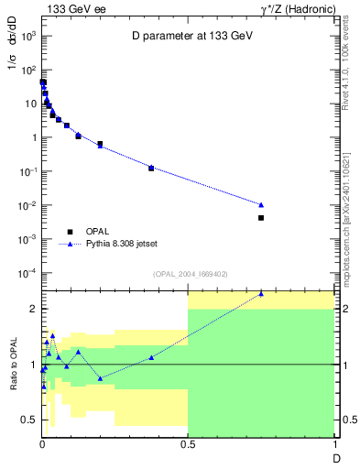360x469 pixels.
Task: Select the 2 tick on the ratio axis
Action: pos(33,309)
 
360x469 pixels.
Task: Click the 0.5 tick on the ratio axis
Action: pos(29,420)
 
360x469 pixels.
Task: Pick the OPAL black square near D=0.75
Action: pos(261,218)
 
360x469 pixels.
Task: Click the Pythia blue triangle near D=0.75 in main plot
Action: pos(261,204)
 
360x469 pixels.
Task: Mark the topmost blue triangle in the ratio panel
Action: pos(261,293)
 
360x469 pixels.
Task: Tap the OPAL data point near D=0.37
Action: pos(151,169)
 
